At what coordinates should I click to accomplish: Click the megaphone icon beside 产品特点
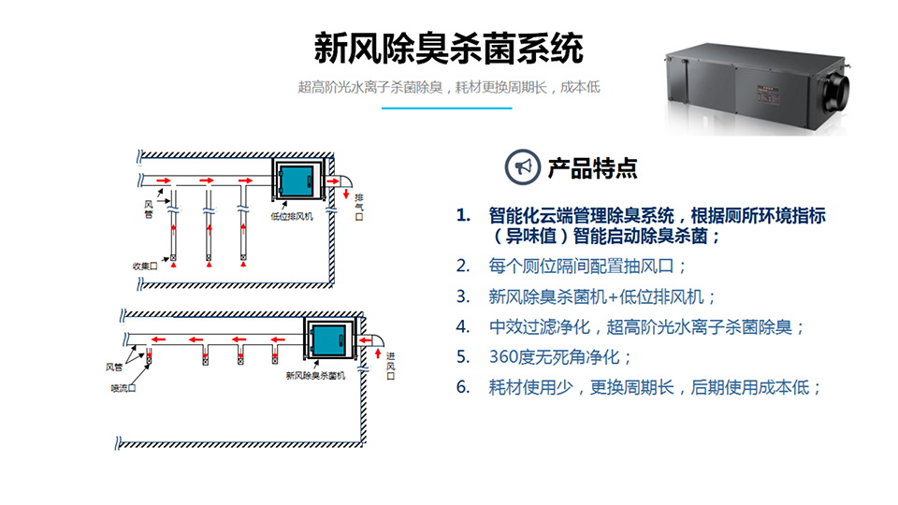click(521, 167)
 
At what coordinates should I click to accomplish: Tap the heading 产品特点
click(592, 168)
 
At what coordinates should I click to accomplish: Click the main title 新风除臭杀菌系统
click(448, 48)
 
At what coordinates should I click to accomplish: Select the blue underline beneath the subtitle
click(448, 108)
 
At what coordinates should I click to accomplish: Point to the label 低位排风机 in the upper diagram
click(292, 216)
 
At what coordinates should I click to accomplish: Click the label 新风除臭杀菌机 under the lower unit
click(315, 375)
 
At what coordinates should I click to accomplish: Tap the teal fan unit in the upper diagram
click(297, 180)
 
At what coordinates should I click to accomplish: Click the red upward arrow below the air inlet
click(377, 356)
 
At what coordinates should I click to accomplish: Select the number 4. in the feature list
click(463, 326)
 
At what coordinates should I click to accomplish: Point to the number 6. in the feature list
click(463, 386)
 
